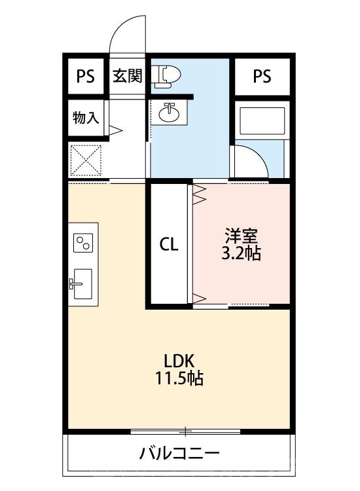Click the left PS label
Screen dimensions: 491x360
pyautogui.click(x=85, y=77)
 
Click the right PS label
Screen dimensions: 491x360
pyautogui.click(x=262, y=77)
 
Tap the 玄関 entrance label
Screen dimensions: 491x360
pyautogui.click(x=127, y=77)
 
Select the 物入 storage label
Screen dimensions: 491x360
pyautogui.click(x=85, y=118)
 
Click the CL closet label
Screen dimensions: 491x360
pyautogui.click(x=169, y=245)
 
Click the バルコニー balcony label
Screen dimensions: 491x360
pyautogui.click(x=179, y=453)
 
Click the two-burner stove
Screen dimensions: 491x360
pyautogui.click(x=83, y=244)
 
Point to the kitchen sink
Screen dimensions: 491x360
pyautogui.click(x=81, y=283)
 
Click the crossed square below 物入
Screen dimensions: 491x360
pyautogui.click(x=86, y=158)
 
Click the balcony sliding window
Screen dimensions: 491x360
pyautogui.click(x=186, y=431)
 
